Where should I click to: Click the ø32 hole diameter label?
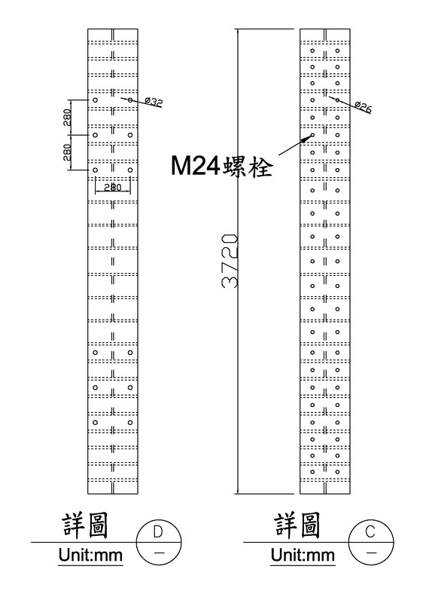coord(154,102)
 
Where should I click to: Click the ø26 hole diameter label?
coord(363,107)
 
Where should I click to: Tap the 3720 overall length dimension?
coord(230,261)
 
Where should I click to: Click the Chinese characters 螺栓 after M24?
coord(248,167)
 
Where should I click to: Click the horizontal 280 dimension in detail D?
coord(113,187)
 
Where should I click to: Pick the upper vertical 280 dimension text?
coord(67,118)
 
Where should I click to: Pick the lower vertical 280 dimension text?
coord(67,152)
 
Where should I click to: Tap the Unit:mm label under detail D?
coord(90,555)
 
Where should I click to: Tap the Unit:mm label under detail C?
coord(303,555)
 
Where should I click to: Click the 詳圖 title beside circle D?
coord(85,525)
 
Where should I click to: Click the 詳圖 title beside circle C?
coord(298,525)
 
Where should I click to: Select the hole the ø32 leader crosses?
coord(130,100)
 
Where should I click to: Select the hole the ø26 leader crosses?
coord(337,100)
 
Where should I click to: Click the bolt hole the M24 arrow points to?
coord(312,135)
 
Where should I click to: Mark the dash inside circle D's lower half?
coord(159,552)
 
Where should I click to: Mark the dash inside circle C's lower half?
coord(371,552)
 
